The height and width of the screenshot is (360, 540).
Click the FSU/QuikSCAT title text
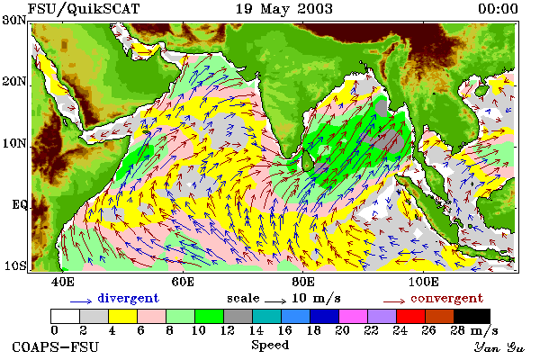click(84, 9)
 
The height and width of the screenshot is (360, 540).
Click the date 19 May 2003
click(284, 9)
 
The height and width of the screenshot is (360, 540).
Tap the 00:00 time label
click(498, 9)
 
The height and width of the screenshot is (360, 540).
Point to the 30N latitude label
click(14, 21)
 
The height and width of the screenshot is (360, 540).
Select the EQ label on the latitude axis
click(19, 205)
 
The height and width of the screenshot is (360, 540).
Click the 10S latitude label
click(14, 265)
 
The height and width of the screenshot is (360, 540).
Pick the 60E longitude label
click(183, 282)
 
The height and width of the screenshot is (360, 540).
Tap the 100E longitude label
click(424, 282)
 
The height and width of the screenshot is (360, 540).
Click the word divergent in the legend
click(128, 298)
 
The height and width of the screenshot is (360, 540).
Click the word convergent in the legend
click(446, 298)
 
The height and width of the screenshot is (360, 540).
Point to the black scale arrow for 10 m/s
click(275, 301)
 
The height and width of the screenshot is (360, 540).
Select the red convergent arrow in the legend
click(394, 301)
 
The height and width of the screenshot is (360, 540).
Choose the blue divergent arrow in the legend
click(81, 301)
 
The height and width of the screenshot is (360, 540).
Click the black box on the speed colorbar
click(472, 316)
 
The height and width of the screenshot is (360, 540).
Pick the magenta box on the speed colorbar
click(353, 316)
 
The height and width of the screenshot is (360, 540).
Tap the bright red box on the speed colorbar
click(410, 316)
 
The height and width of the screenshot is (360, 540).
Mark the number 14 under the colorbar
click(256, 330)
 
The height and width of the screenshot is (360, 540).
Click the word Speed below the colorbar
click(270, 345)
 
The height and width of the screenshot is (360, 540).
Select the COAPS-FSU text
click(55, 346)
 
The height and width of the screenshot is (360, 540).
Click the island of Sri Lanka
click(307, 161)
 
